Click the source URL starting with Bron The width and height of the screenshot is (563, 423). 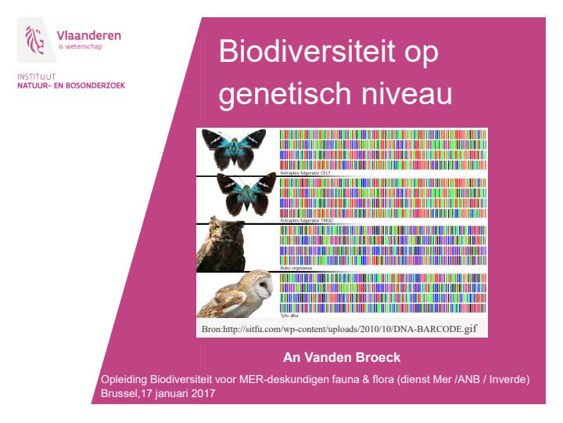click(339, 327)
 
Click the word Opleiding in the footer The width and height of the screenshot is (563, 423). click(116, 380)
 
